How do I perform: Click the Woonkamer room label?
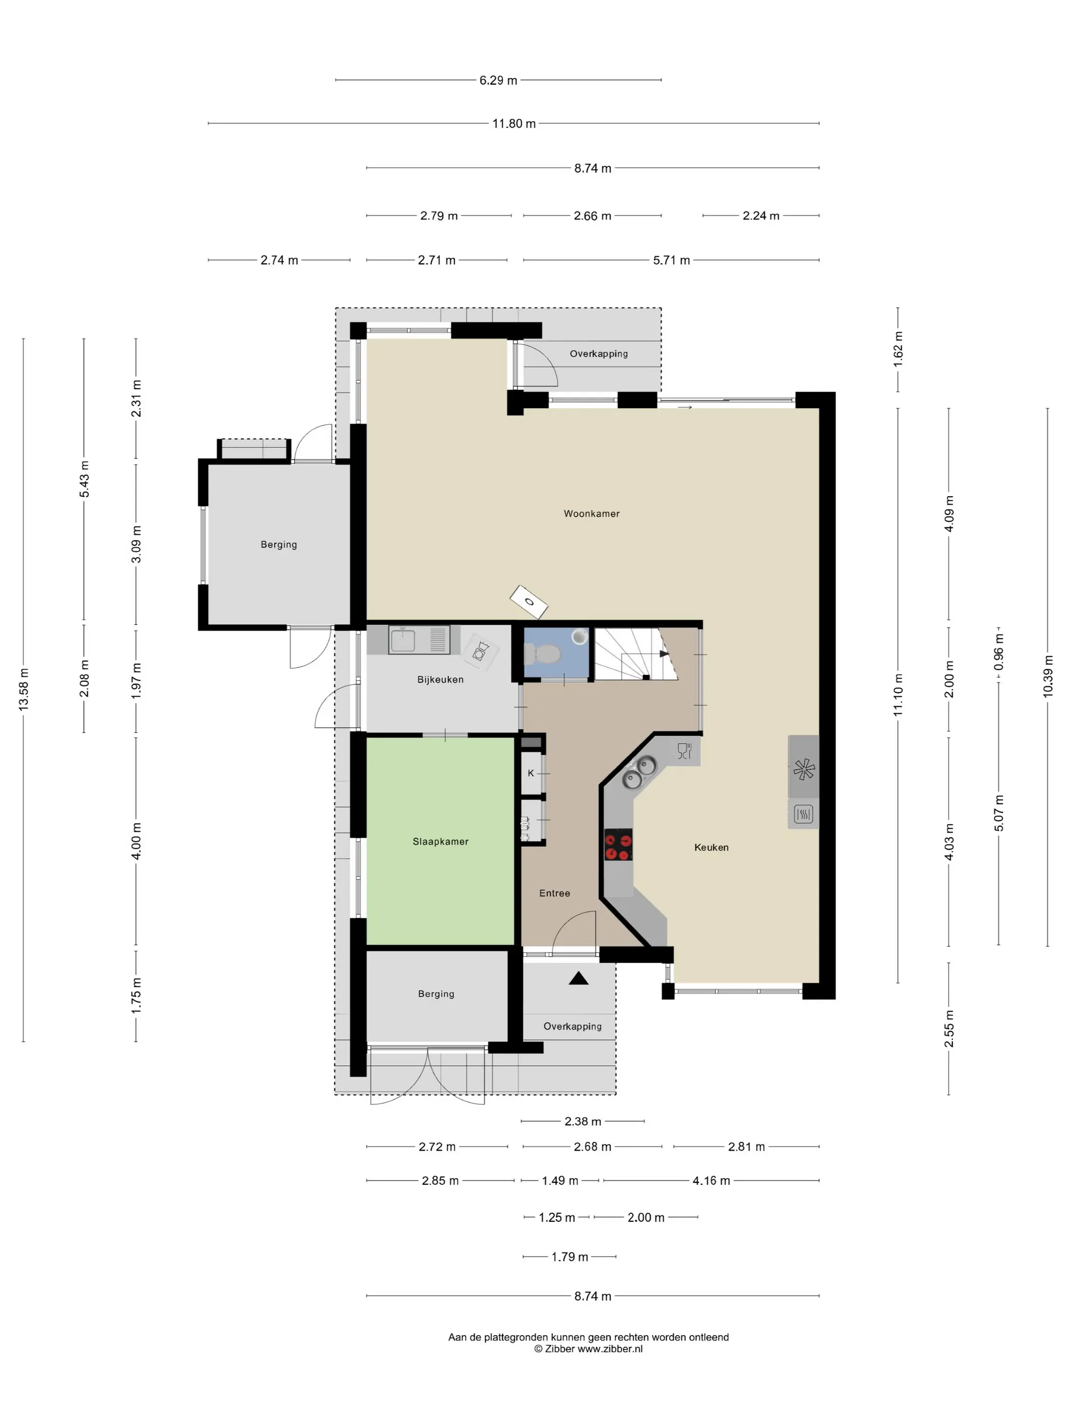pos(591,514)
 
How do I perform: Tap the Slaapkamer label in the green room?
pos(440,842)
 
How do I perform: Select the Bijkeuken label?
pos(440,680)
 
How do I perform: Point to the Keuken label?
pos(711,848)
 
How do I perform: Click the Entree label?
pos(554,894)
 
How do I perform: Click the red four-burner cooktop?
pos(618,845)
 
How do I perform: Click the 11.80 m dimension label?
pos(514,123)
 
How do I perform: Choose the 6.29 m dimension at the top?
pos(498,80)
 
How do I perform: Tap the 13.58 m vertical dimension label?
pos(24,690)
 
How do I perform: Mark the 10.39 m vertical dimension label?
pos(1047,676)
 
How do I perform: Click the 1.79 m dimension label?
pos(569,1257)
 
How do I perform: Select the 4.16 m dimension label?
pos(711,1181)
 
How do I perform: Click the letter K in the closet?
pos(531,773)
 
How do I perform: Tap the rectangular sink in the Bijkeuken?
pos(402,640)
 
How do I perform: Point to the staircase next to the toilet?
pos(636,654)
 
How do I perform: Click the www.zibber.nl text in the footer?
pos(609,1348)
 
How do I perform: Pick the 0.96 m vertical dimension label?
pos(998,651)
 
